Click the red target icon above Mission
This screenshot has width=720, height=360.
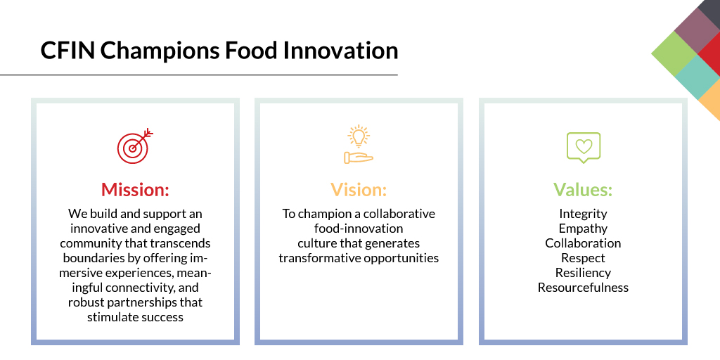pyautogui.click(x=134, y=146)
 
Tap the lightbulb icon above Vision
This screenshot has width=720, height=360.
pyautogui.click(x=359, y=145)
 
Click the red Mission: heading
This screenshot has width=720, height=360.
pyautogui.click(x=135, y=190)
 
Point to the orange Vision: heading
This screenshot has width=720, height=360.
pyautogui.click(x=359, y=190)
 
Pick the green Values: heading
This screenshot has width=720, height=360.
pyautogui.click(x=583, y=190)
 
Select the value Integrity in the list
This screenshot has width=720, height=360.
pyautogui.click(x=583, y=214)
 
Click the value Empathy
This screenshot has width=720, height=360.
pyautogui.click(x=583, y=229)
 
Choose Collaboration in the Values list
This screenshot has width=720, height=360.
pyautogui.click(x=583, y=243)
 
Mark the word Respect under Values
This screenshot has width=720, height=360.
pyautogui.click(x=583, y=258)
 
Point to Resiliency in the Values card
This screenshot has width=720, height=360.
pyautogui.click(x=583, y=273)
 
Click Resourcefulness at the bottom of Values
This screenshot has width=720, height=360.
pyautogui.click(x=583, y=288)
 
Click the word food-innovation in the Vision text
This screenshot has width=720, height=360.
pyautogui.click(x=359, y=229)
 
